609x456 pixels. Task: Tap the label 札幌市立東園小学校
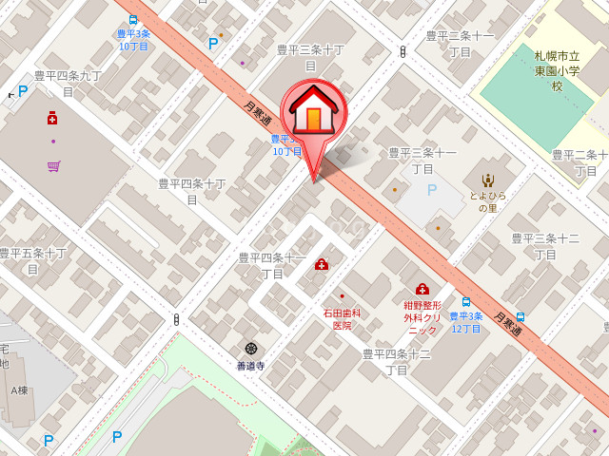point(558,71)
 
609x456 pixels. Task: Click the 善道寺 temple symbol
point(250,349)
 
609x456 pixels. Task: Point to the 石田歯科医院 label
point(342,318)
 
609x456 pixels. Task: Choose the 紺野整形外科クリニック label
point(422,317)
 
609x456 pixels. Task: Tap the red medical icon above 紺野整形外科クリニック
point(422,289)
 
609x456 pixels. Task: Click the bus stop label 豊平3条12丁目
point(466,322)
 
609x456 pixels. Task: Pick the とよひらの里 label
point(487,201)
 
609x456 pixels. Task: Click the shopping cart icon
point(53,166)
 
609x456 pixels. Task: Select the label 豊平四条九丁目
point(68,83)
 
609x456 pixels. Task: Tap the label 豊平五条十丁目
point(32,260)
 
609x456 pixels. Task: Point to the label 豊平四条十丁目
point(192,191)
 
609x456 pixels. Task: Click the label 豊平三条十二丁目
point(545,246)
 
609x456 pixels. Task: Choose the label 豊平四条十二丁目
point(397,361)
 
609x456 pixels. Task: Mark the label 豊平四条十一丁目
point(272,265)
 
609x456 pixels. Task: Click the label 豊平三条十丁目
point(310,57)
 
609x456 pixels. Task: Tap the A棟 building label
point(19,389)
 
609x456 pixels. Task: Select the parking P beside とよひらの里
point(431,190)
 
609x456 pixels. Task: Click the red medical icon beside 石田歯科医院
point(322,264)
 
